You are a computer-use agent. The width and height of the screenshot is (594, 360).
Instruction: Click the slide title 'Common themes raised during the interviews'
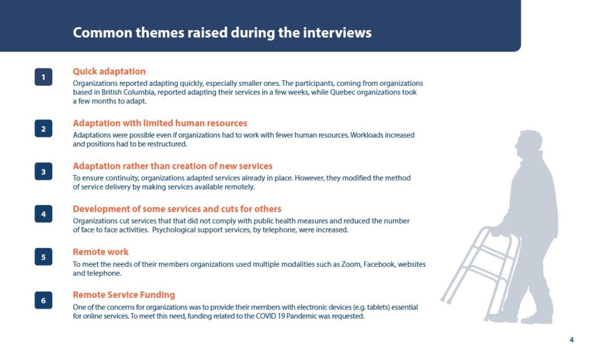point(222,32)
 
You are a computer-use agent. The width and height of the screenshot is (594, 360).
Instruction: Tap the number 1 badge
point(44,77)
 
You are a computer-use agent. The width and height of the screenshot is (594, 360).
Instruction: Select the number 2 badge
point(44,129)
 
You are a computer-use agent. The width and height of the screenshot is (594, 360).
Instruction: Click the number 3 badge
point(44,172)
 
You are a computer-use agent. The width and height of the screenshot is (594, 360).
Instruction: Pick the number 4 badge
point(44,214)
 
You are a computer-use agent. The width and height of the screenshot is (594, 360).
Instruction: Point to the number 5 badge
point(44,257)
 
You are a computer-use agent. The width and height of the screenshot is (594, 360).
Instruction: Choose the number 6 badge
point(44,300)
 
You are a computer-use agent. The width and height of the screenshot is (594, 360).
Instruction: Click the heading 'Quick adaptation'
point(109,71)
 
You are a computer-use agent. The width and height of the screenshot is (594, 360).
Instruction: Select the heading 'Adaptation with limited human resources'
point(160,123)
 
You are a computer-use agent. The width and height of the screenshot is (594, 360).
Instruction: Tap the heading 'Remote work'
point(101,252)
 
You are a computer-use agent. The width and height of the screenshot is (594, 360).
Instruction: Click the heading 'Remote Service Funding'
point(124,294)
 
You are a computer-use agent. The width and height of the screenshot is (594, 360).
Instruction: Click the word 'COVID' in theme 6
point(266,316)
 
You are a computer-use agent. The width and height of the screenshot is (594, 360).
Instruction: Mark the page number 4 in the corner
point(571,340)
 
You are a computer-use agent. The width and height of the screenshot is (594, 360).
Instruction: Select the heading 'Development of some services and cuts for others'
point(177,209)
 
